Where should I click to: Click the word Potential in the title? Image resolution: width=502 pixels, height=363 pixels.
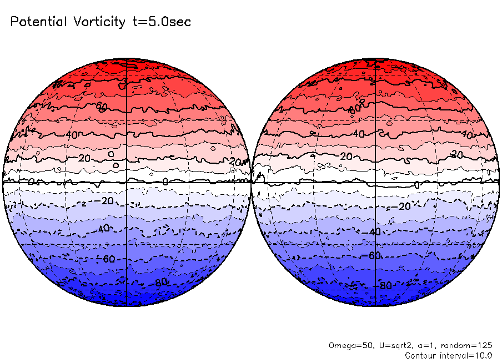pos(38,22)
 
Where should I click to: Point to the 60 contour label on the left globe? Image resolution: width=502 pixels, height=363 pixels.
pos(101,106)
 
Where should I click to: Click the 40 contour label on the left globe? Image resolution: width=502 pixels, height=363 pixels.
pos(72,135)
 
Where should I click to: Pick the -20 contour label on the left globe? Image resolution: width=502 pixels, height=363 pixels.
pos(104,200)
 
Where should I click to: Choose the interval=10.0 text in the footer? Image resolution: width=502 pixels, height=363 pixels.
pos(466,355)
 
